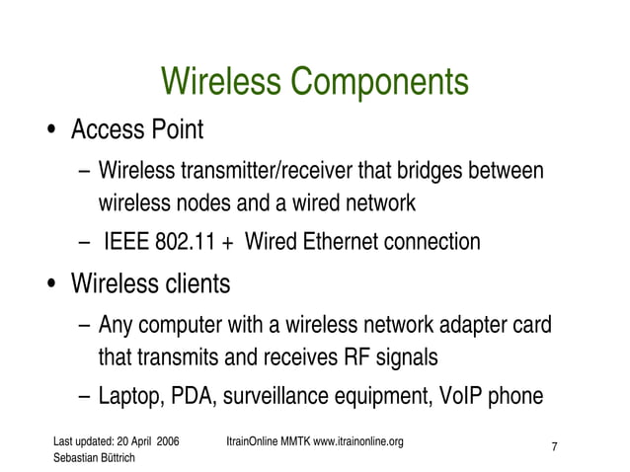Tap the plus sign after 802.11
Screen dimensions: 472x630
(228, 243)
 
